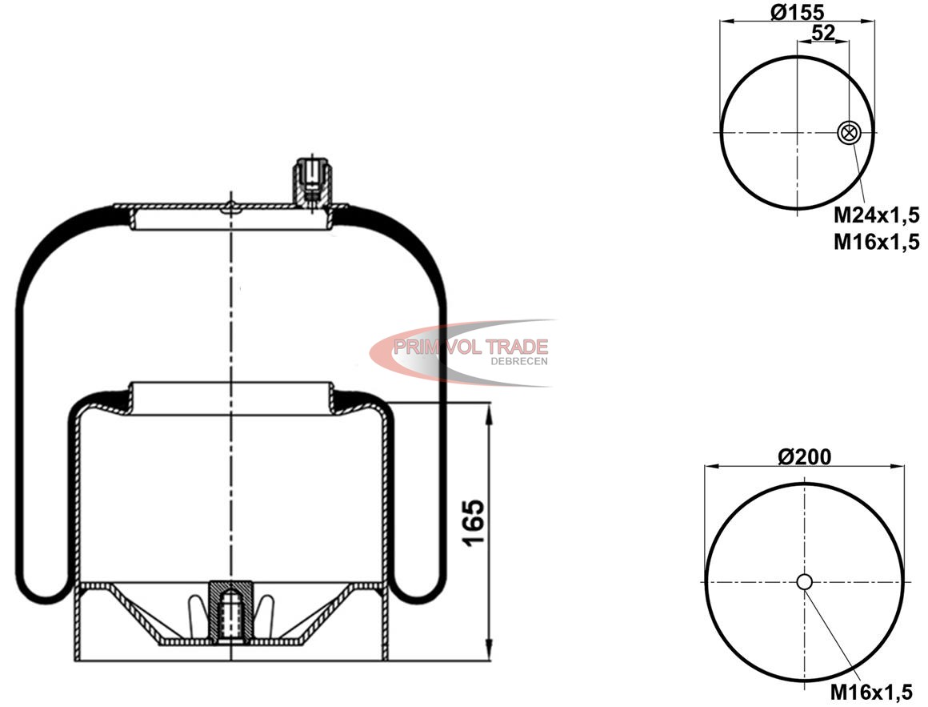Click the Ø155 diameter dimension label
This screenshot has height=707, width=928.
798,12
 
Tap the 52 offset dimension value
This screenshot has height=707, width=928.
823,33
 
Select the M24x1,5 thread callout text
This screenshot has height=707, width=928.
877,215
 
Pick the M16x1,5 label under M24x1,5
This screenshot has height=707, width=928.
877,242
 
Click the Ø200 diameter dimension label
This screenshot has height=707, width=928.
804,456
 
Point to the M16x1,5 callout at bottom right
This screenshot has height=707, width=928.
871,691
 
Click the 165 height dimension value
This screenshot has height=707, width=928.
474,524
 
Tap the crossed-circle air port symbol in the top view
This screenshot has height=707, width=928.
848,133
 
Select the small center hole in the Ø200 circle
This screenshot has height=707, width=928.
804,582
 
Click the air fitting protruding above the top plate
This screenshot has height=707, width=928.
312,181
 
